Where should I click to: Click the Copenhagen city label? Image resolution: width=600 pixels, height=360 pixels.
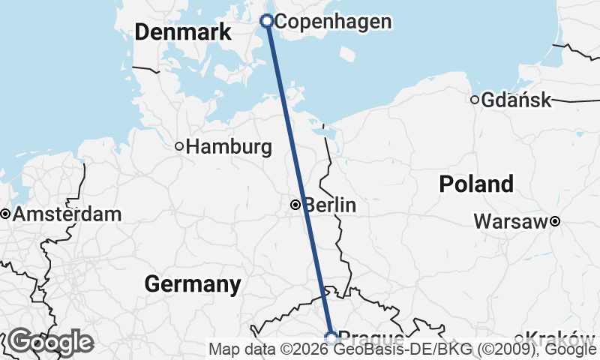[333, 22]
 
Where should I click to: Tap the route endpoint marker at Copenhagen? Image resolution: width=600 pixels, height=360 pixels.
[266, 21]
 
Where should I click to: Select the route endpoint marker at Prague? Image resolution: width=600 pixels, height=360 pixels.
[331, 338]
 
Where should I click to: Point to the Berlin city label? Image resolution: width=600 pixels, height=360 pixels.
[330, 205]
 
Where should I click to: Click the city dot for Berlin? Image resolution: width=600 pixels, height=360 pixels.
[296, 204]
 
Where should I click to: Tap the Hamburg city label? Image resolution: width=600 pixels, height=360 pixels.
[229, 147]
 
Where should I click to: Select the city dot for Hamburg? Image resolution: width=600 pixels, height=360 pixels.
[179, 146]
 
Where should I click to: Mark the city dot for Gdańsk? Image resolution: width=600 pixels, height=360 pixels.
[475, 100]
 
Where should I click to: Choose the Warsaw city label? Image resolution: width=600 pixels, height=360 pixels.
[511, 222]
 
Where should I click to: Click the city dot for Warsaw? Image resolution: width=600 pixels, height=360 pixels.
[555, 220]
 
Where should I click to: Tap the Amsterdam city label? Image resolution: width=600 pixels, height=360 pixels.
[67, 214]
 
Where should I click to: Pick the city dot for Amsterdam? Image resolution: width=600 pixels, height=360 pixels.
[5, 214]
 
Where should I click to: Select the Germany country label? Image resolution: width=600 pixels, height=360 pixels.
[193, 284]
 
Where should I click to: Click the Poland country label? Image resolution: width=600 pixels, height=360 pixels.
[476, 184]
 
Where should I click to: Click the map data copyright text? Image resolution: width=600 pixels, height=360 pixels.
[403, 349]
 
